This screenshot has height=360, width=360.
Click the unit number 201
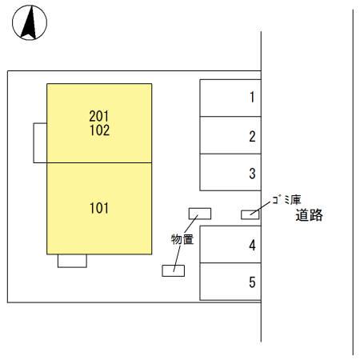tap(100, 115)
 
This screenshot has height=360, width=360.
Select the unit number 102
tap(100, 129)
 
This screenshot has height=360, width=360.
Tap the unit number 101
tap(100, 209)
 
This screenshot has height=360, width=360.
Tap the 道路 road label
tap(308, 215)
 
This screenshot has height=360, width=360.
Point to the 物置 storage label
tap(182, 238)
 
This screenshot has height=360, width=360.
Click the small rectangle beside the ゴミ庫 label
tap(250, 214)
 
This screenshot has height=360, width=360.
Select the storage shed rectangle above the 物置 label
tap(199, 214)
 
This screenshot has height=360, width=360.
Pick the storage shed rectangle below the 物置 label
tap(173, 270)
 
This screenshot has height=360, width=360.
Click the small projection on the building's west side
tap(40, 142)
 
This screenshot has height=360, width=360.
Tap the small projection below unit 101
tap(72, 260)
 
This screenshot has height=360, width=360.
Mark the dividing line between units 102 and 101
tap(99, 162)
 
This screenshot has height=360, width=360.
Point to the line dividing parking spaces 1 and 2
tap(230, 117)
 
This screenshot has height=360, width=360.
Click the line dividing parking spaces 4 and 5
tap(230, 263)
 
